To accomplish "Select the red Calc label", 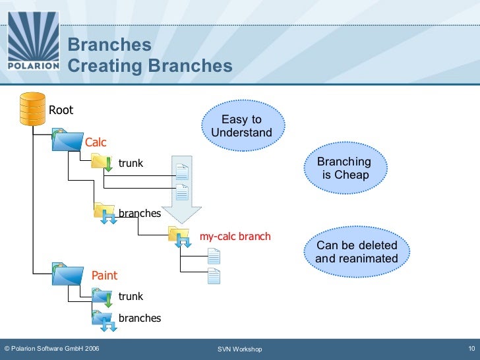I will (x=96, y=142).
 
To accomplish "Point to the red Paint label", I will (x=104, y=275).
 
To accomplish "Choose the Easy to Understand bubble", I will (x=242, y=126).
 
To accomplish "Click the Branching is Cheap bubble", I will (x=344, y=169).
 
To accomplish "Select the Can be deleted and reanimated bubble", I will (x=357, y=252).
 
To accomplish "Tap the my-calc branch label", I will (x=235, y=236).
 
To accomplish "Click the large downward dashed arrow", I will (x=181, y=188).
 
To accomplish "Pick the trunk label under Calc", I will (x=131, y=164).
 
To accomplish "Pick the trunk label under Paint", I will (x=131, y=297).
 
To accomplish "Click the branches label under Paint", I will (x=140, y=318).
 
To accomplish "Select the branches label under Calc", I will (x=140, y=213).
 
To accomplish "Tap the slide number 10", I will (x=471, y=348).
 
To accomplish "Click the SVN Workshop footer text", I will (x=240, y=349).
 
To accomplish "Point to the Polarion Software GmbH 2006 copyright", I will (x=52, y=349).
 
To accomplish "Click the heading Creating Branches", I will (x=150, y=67).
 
